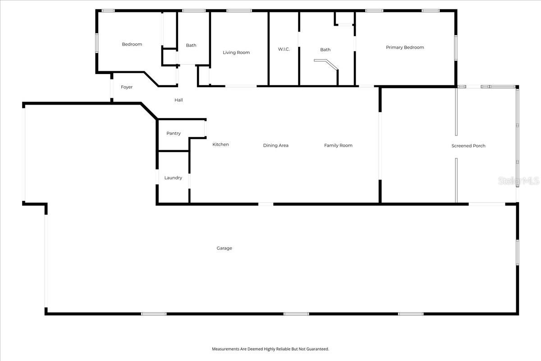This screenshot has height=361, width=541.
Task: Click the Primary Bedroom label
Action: (405, 47)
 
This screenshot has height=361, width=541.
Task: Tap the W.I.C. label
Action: (284, 49)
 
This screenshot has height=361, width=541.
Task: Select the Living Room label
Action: (236, 53)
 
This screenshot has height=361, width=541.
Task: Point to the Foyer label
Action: (127, 87)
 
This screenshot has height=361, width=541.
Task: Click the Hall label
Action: (179, 100)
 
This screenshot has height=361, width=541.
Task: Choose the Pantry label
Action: (174, 134)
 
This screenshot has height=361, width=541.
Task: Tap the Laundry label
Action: (173, 178)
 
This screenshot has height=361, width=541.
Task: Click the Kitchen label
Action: (220, 144)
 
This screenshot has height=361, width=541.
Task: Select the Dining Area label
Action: (276, 145)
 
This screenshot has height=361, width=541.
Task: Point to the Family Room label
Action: (338, 145)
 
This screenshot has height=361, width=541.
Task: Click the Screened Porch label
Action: (468, 146)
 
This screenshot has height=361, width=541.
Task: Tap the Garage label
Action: (224, 248)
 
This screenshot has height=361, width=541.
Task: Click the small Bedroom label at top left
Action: (132, 44)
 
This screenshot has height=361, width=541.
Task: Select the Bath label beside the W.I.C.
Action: (325, 50)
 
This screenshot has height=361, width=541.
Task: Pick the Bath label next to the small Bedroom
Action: (191, 45)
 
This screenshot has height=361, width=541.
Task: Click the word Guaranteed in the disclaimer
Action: (316, 349)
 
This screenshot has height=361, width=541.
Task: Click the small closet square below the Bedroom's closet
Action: (170, 57)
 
